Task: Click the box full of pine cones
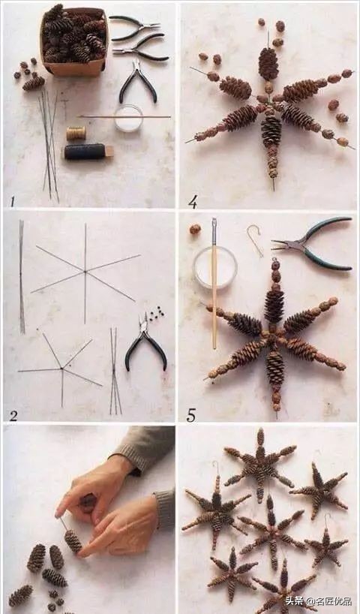tap(73, 41)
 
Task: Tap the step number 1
tap(12, 202)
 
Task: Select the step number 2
tap(13, 416)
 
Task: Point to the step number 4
tap(192, 202)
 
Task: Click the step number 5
tap(191, 415)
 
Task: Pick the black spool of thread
tap(88, 152)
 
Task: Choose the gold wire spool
tap(76, 133)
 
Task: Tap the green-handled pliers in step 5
tap(313, 243)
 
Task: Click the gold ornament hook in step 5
tap(255, 239)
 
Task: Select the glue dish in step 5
tap(215, 268)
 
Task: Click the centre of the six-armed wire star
tap(85, 271)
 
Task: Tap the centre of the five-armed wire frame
tap(61, 368)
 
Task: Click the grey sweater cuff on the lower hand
tap(164, 509)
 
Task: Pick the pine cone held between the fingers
tap(73, 541)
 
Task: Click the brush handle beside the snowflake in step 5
tap(214, 283)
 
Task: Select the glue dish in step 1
tap(128, 118)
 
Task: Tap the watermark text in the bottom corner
tap(318, 601)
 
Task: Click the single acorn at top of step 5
tap(195, 229)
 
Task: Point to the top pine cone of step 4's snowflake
tap(268, 64)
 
